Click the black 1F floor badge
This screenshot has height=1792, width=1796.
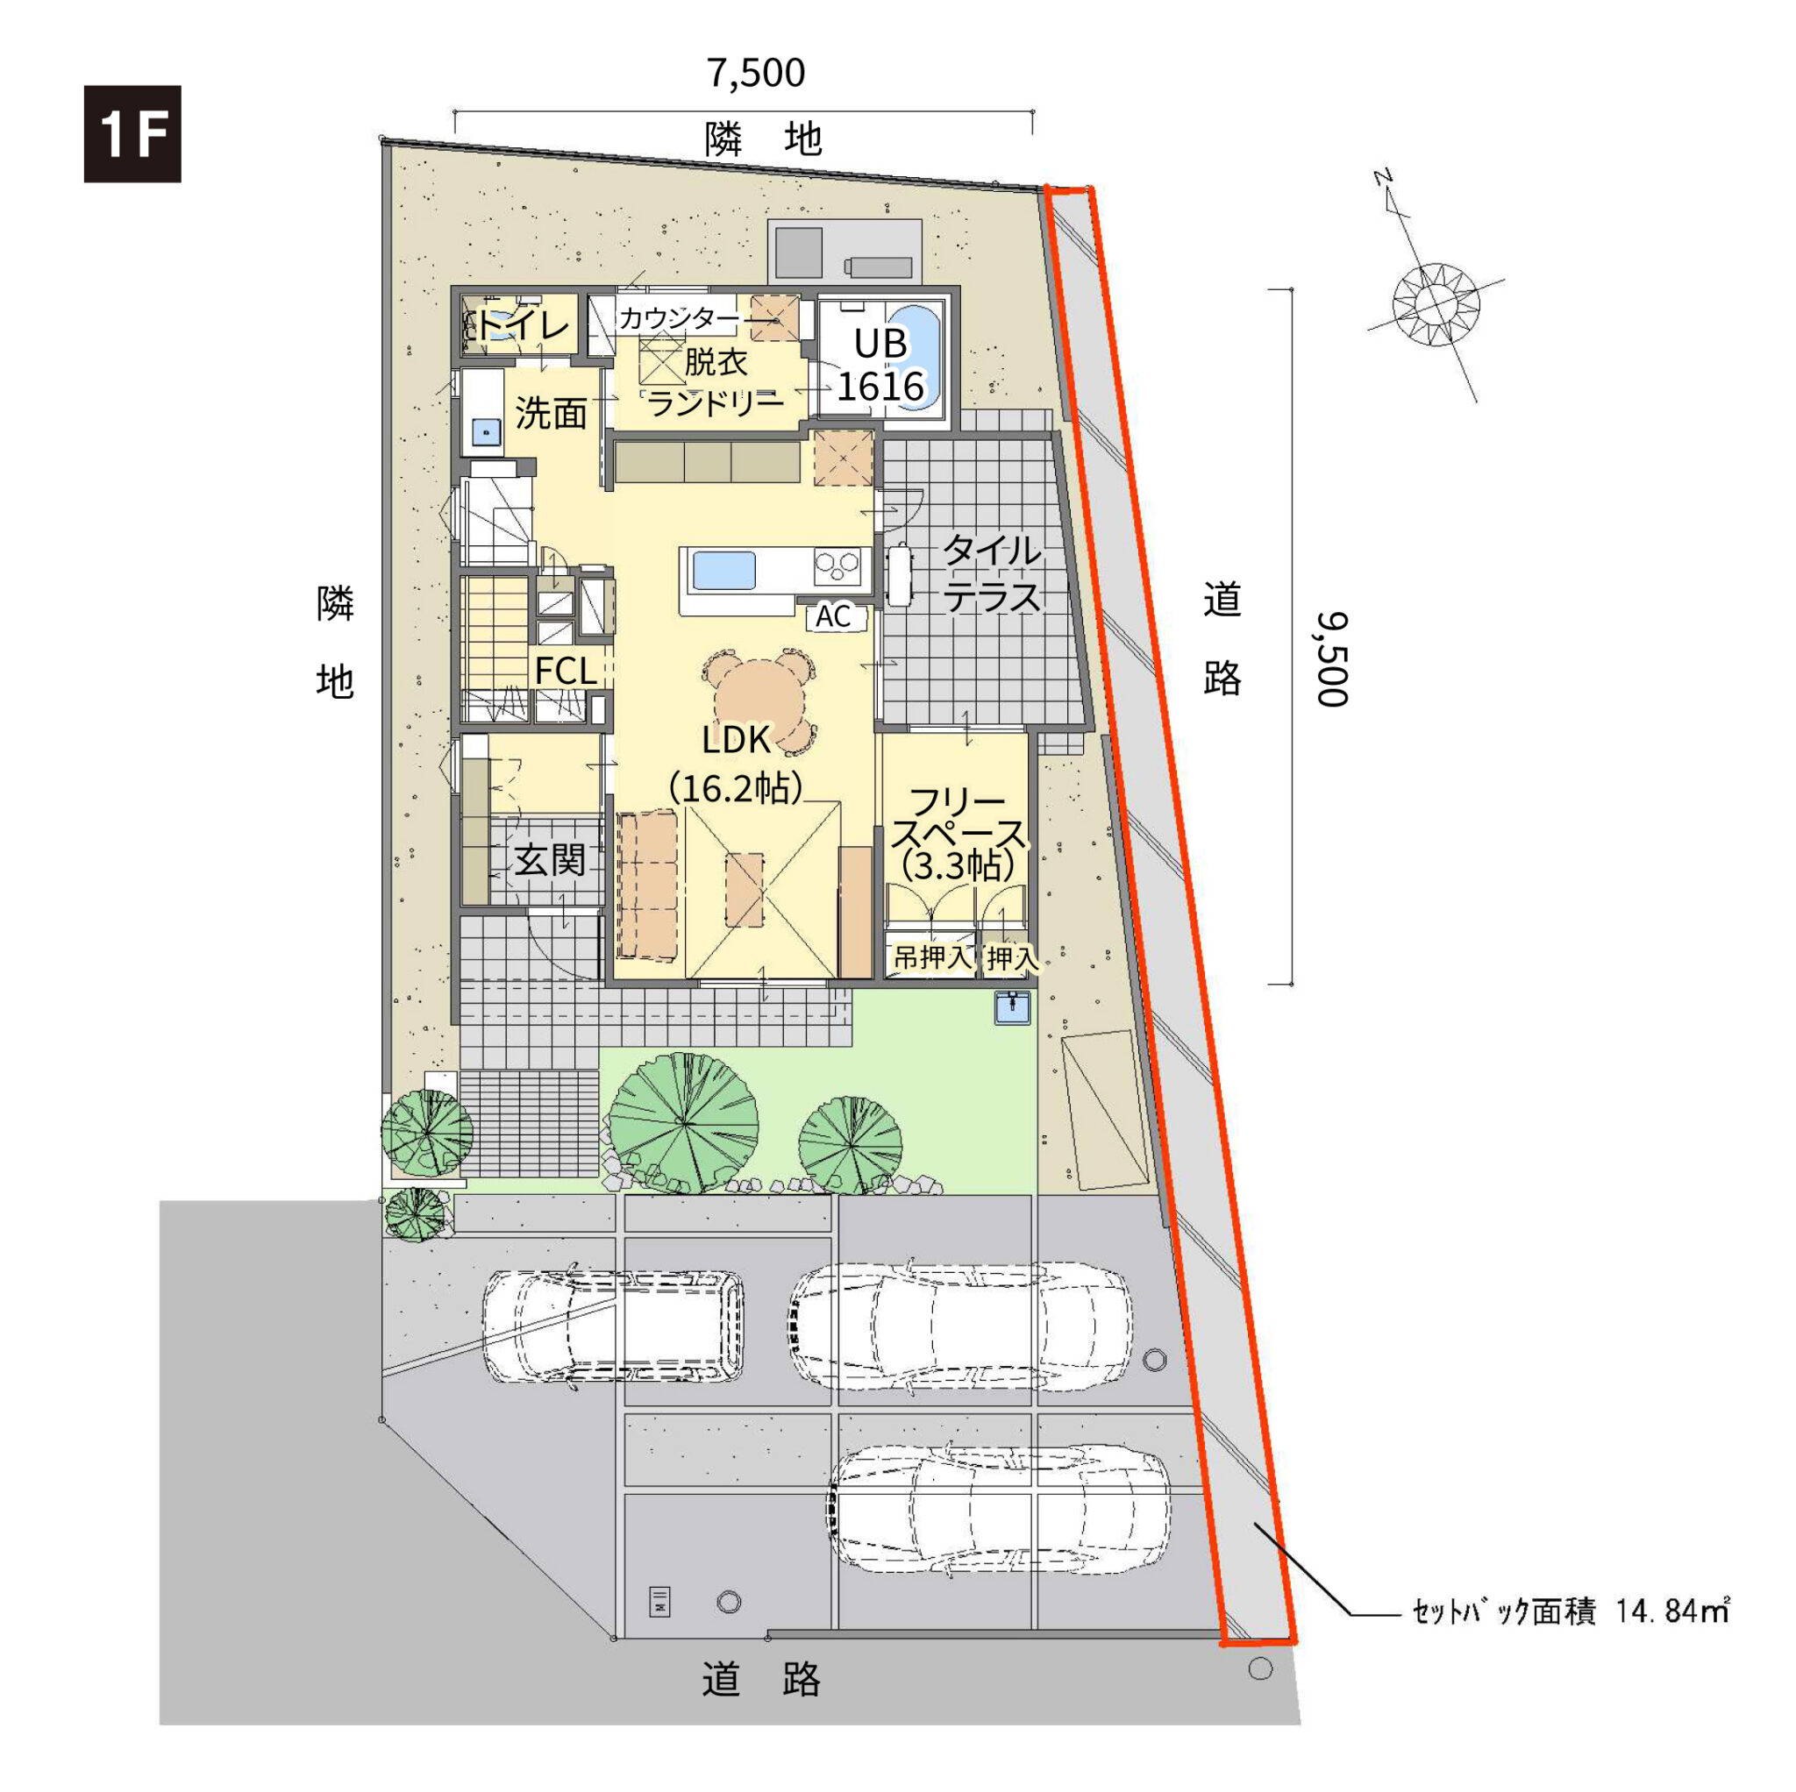point(132,134)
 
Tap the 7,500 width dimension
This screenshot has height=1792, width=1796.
point(756,74)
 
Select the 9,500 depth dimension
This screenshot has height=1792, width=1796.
point(1330,659)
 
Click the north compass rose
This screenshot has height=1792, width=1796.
point(1436,304)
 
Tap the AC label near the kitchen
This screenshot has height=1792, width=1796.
point(833,616)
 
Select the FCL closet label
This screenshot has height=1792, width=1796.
point(566,670)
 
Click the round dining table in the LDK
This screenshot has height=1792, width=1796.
point(759,698)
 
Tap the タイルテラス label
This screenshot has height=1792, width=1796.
point(992,573)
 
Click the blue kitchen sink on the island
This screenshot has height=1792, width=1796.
point(723,569)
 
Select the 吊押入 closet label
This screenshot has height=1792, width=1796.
point(931,956)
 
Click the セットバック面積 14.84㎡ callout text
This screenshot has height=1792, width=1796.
point(1569,1610)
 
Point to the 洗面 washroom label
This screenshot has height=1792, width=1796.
point(552,413)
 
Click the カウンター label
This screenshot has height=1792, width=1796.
point(680,319)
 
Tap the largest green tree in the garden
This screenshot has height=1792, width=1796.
point(684,1123)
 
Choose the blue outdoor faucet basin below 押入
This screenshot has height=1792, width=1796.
point(1011,1007)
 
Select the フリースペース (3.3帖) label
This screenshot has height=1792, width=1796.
point(958,833)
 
